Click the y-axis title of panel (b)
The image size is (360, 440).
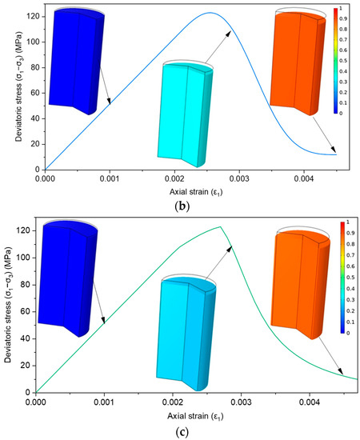[x=8, y=88]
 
